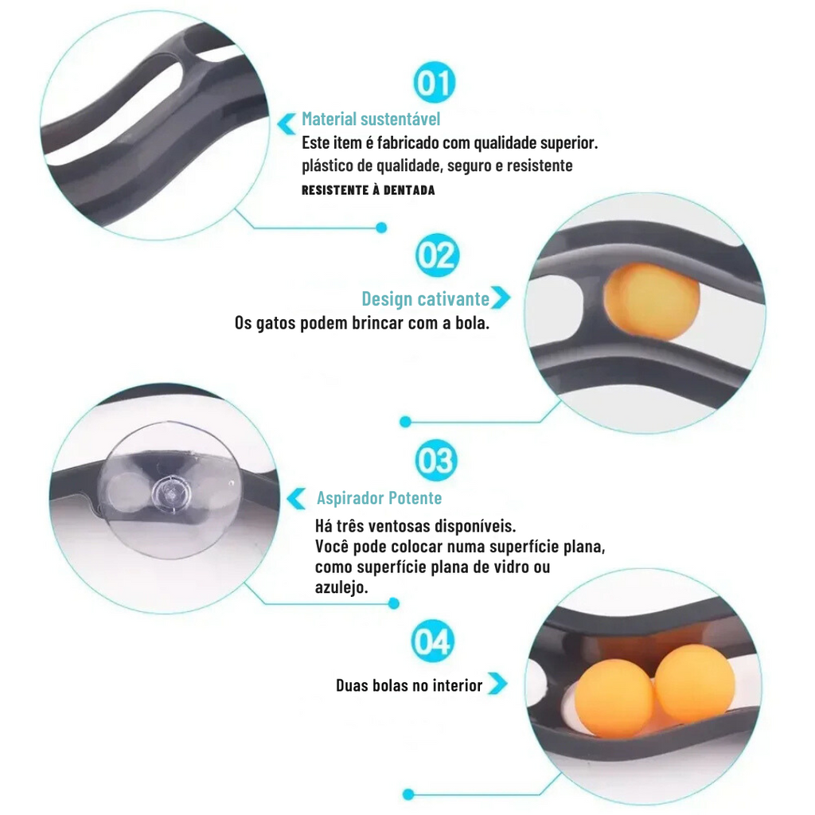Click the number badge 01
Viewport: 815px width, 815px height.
(x=435, y=83)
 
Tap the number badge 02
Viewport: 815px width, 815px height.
(x=437, y=255)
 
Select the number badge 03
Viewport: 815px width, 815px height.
(x=436, y=461)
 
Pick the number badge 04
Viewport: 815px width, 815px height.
(x=432, y=641)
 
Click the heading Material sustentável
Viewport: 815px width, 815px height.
(x=371, y=119)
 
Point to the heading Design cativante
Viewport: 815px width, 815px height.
(x=425, y=299)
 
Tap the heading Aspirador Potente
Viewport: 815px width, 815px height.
(x=380, y=498)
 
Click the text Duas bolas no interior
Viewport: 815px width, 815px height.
(x=409, y=685)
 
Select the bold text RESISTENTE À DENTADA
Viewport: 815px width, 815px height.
(x=368, y=190)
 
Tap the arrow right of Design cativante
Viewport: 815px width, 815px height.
(x=501, y=298)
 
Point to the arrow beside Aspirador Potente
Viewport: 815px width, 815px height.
(x=296, y=499)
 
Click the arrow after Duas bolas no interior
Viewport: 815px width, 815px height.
(x=497, y=684)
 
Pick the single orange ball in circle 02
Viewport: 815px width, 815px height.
(x=651, y=302)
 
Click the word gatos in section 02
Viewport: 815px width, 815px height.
(x=276, y=324)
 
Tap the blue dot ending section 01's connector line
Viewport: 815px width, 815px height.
(x=381, y=228)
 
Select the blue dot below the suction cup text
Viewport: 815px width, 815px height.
(x=394, y=603)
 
